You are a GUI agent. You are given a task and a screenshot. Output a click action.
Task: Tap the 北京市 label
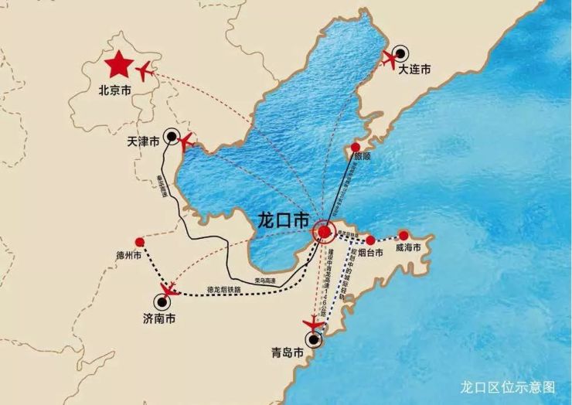click(115, 90)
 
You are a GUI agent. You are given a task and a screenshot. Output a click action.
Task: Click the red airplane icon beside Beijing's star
click(145, 72)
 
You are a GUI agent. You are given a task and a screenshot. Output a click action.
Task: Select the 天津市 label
click(143, 142)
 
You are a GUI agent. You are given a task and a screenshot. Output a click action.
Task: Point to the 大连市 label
click(414, 70)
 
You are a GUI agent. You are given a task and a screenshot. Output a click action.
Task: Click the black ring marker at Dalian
click(400, 56)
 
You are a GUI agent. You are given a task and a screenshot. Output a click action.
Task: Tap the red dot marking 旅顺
click(356, 147)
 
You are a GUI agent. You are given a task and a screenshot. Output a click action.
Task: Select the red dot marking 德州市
click(139, 241)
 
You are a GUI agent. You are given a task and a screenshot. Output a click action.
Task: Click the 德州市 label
click(128, 255)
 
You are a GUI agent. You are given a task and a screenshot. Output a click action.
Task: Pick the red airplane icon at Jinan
click(168, 292)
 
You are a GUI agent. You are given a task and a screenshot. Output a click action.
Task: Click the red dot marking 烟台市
click(370, 240)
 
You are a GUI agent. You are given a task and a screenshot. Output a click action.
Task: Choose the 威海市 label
click(408, 248)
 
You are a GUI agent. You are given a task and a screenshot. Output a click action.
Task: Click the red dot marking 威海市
click(403, 235)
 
